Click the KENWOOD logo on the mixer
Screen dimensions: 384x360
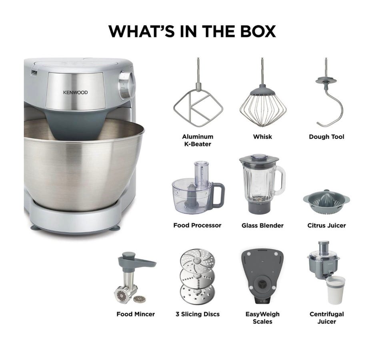click(75, 93)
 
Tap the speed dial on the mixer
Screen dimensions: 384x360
click(126, 85)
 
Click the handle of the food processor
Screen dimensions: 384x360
click(218, 194)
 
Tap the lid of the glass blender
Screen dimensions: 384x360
click(259, 158)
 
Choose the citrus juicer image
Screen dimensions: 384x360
click(326, 201)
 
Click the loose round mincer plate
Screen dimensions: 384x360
click(140, 299)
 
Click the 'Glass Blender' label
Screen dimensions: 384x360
click(262, 225)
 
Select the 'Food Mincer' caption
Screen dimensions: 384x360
click(136, 314)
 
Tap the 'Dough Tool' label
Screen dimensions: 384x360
click(326, 137)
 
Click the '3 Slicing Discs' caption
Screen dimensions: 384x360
click(198, 314)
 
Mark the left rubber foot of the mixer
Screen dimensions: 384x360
click(36, 228)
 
